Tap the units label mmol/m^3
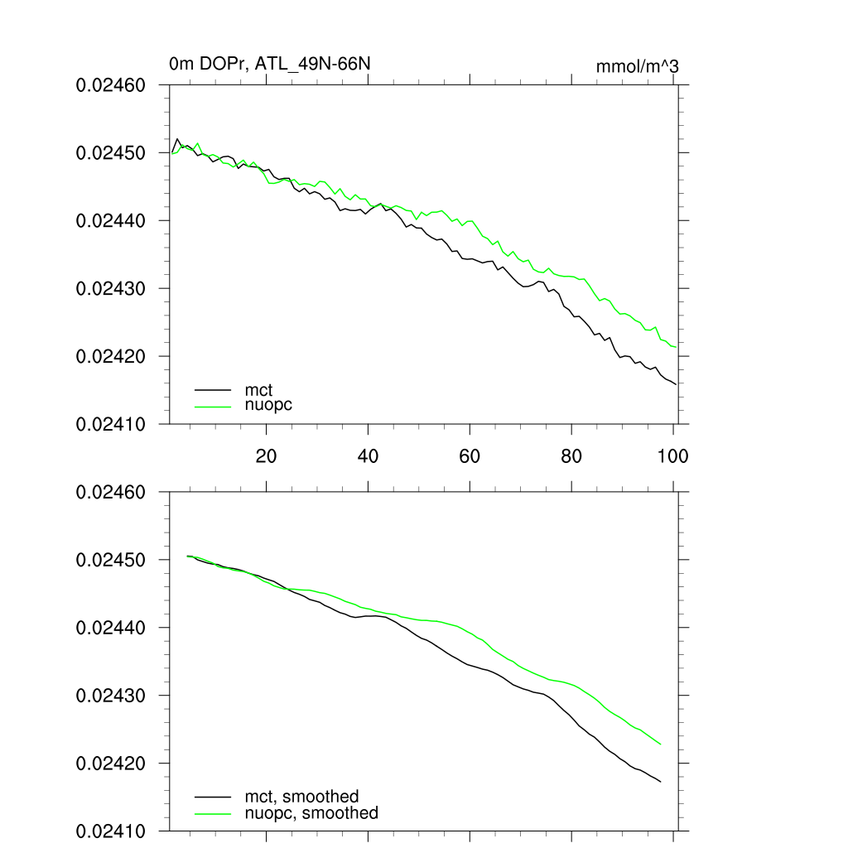[637, 67]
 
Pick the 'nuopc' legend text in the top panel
[268, 405]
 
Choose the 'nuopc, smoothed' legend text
[311, 813]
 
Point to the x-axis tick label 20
[266, 455]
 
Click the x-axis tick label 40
[368, 455]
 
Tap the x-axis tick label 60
[470, 455]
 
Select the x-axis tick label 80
[571, 455]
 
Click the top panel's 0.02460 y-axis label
[111, 85]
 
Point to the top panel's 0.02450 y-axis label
[111, 153]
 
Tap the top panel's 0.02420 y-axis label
[111, 357]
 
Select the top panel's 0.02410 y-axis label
[111, 424]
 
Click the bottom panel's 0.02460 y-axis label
[111, 493]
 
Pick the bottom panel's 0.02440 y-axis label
[111, 629]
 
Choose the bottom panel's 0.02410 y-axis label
[111, 831]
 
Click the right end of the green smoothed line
[660, 744]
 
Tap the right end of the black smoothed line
[660, 782]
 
